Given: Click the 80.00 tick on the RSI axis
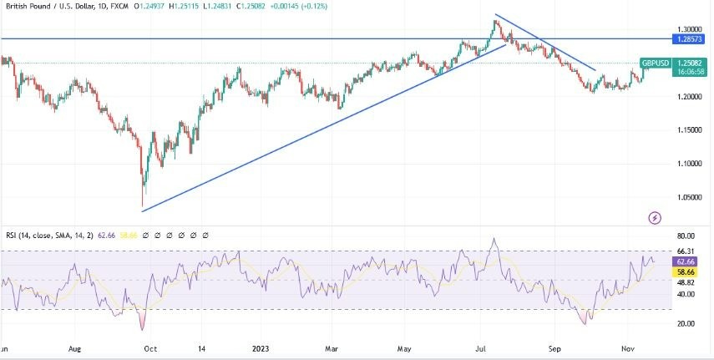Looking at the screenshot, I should point(686,236).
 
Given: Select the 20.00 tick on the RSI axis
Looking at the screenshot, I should point(686,323).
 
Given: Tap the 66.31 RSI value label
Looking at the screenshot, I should point(686,251).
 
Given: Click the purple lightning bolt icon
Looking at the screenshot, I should point(655,218).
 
